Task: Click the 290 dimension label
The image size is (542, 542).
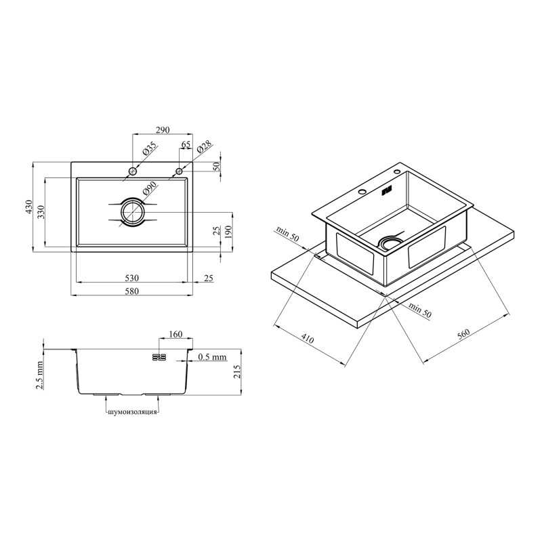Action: click(163, 130)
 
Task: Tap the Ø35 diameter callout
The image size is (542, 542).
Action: click(150, 148)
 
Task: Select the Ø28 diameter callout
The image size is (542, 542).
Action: click(204, 147)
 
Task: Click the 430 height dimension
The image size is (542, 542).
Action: click(29, 207)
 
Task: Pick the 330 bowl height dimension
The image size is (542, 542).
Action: click(41, 212)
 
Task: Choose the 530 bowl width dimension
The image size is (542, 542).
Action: click(131, 278)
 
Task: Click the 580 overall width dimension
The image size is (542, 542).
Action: click(131, 291)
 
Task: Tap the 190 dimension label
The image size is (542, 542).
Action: click(228, 230)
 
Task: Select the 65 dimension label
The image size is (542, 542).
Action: click(186, 144)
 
